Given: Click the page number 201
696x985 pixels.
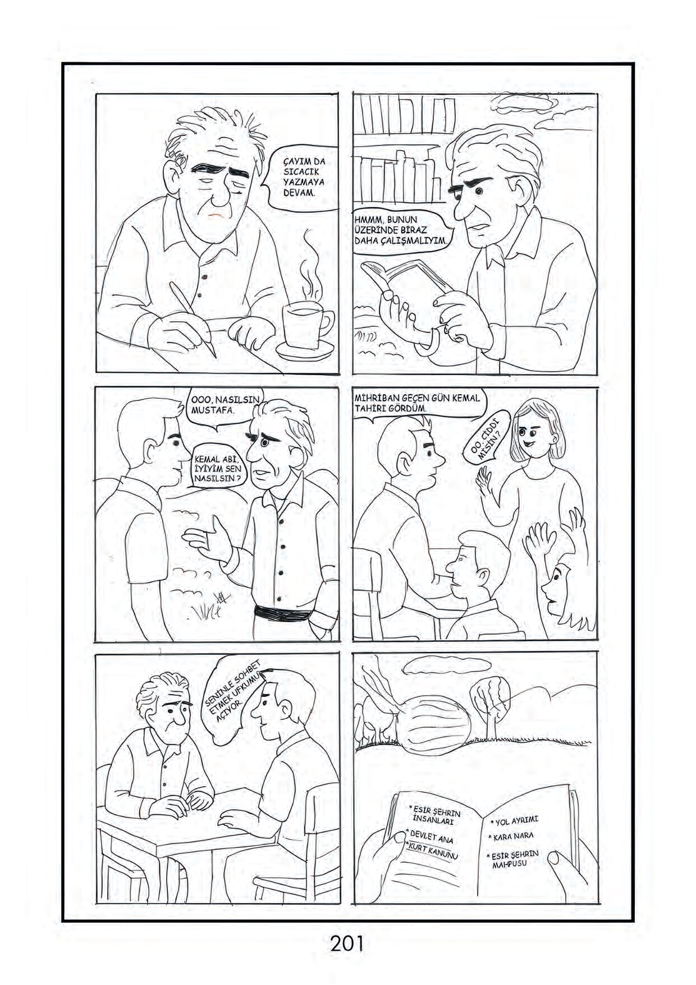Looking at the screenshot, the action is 347,942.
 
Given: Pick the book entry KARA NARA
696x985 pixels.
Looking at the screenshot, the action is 513,837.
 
